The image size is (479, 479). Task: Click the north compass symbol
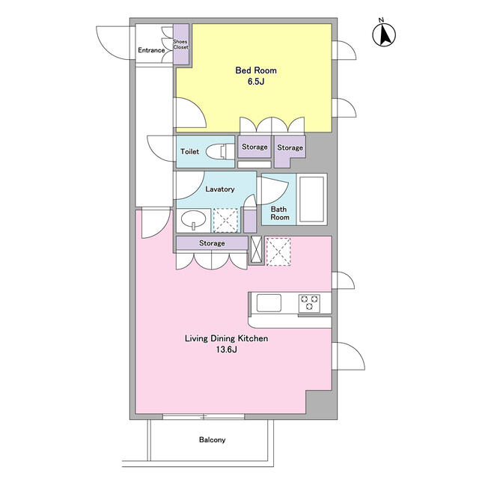[384, 34]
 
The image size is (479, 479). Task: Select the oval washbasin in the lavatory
[193, 219]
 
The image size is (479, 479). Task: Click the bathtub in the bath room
[311, 199]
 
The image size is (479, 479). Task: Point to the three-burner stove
[309, 303]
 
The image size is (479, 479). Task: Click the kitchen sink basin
[269, 302]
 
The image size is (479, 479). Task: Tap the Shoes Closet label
[181, 44]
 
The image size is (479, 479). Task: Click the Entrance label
[151, 50]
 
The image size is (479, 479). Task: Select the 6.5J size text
[256, 82]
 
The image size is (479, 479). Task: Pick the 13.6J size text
[226, 350]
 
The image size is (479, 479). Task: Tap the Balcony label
[213, 439]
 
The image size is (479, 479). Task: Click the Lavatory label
[220, 189]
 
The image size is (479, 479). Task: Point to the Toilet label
[189, 151]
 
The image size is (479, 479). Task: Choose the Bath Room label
[279, 213]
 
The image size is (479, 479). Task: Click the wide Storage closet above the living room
[212, 243]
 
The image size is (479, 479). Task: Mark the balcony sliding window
[204, 416]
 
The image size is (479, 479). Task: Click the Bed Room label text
[256, 70]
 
